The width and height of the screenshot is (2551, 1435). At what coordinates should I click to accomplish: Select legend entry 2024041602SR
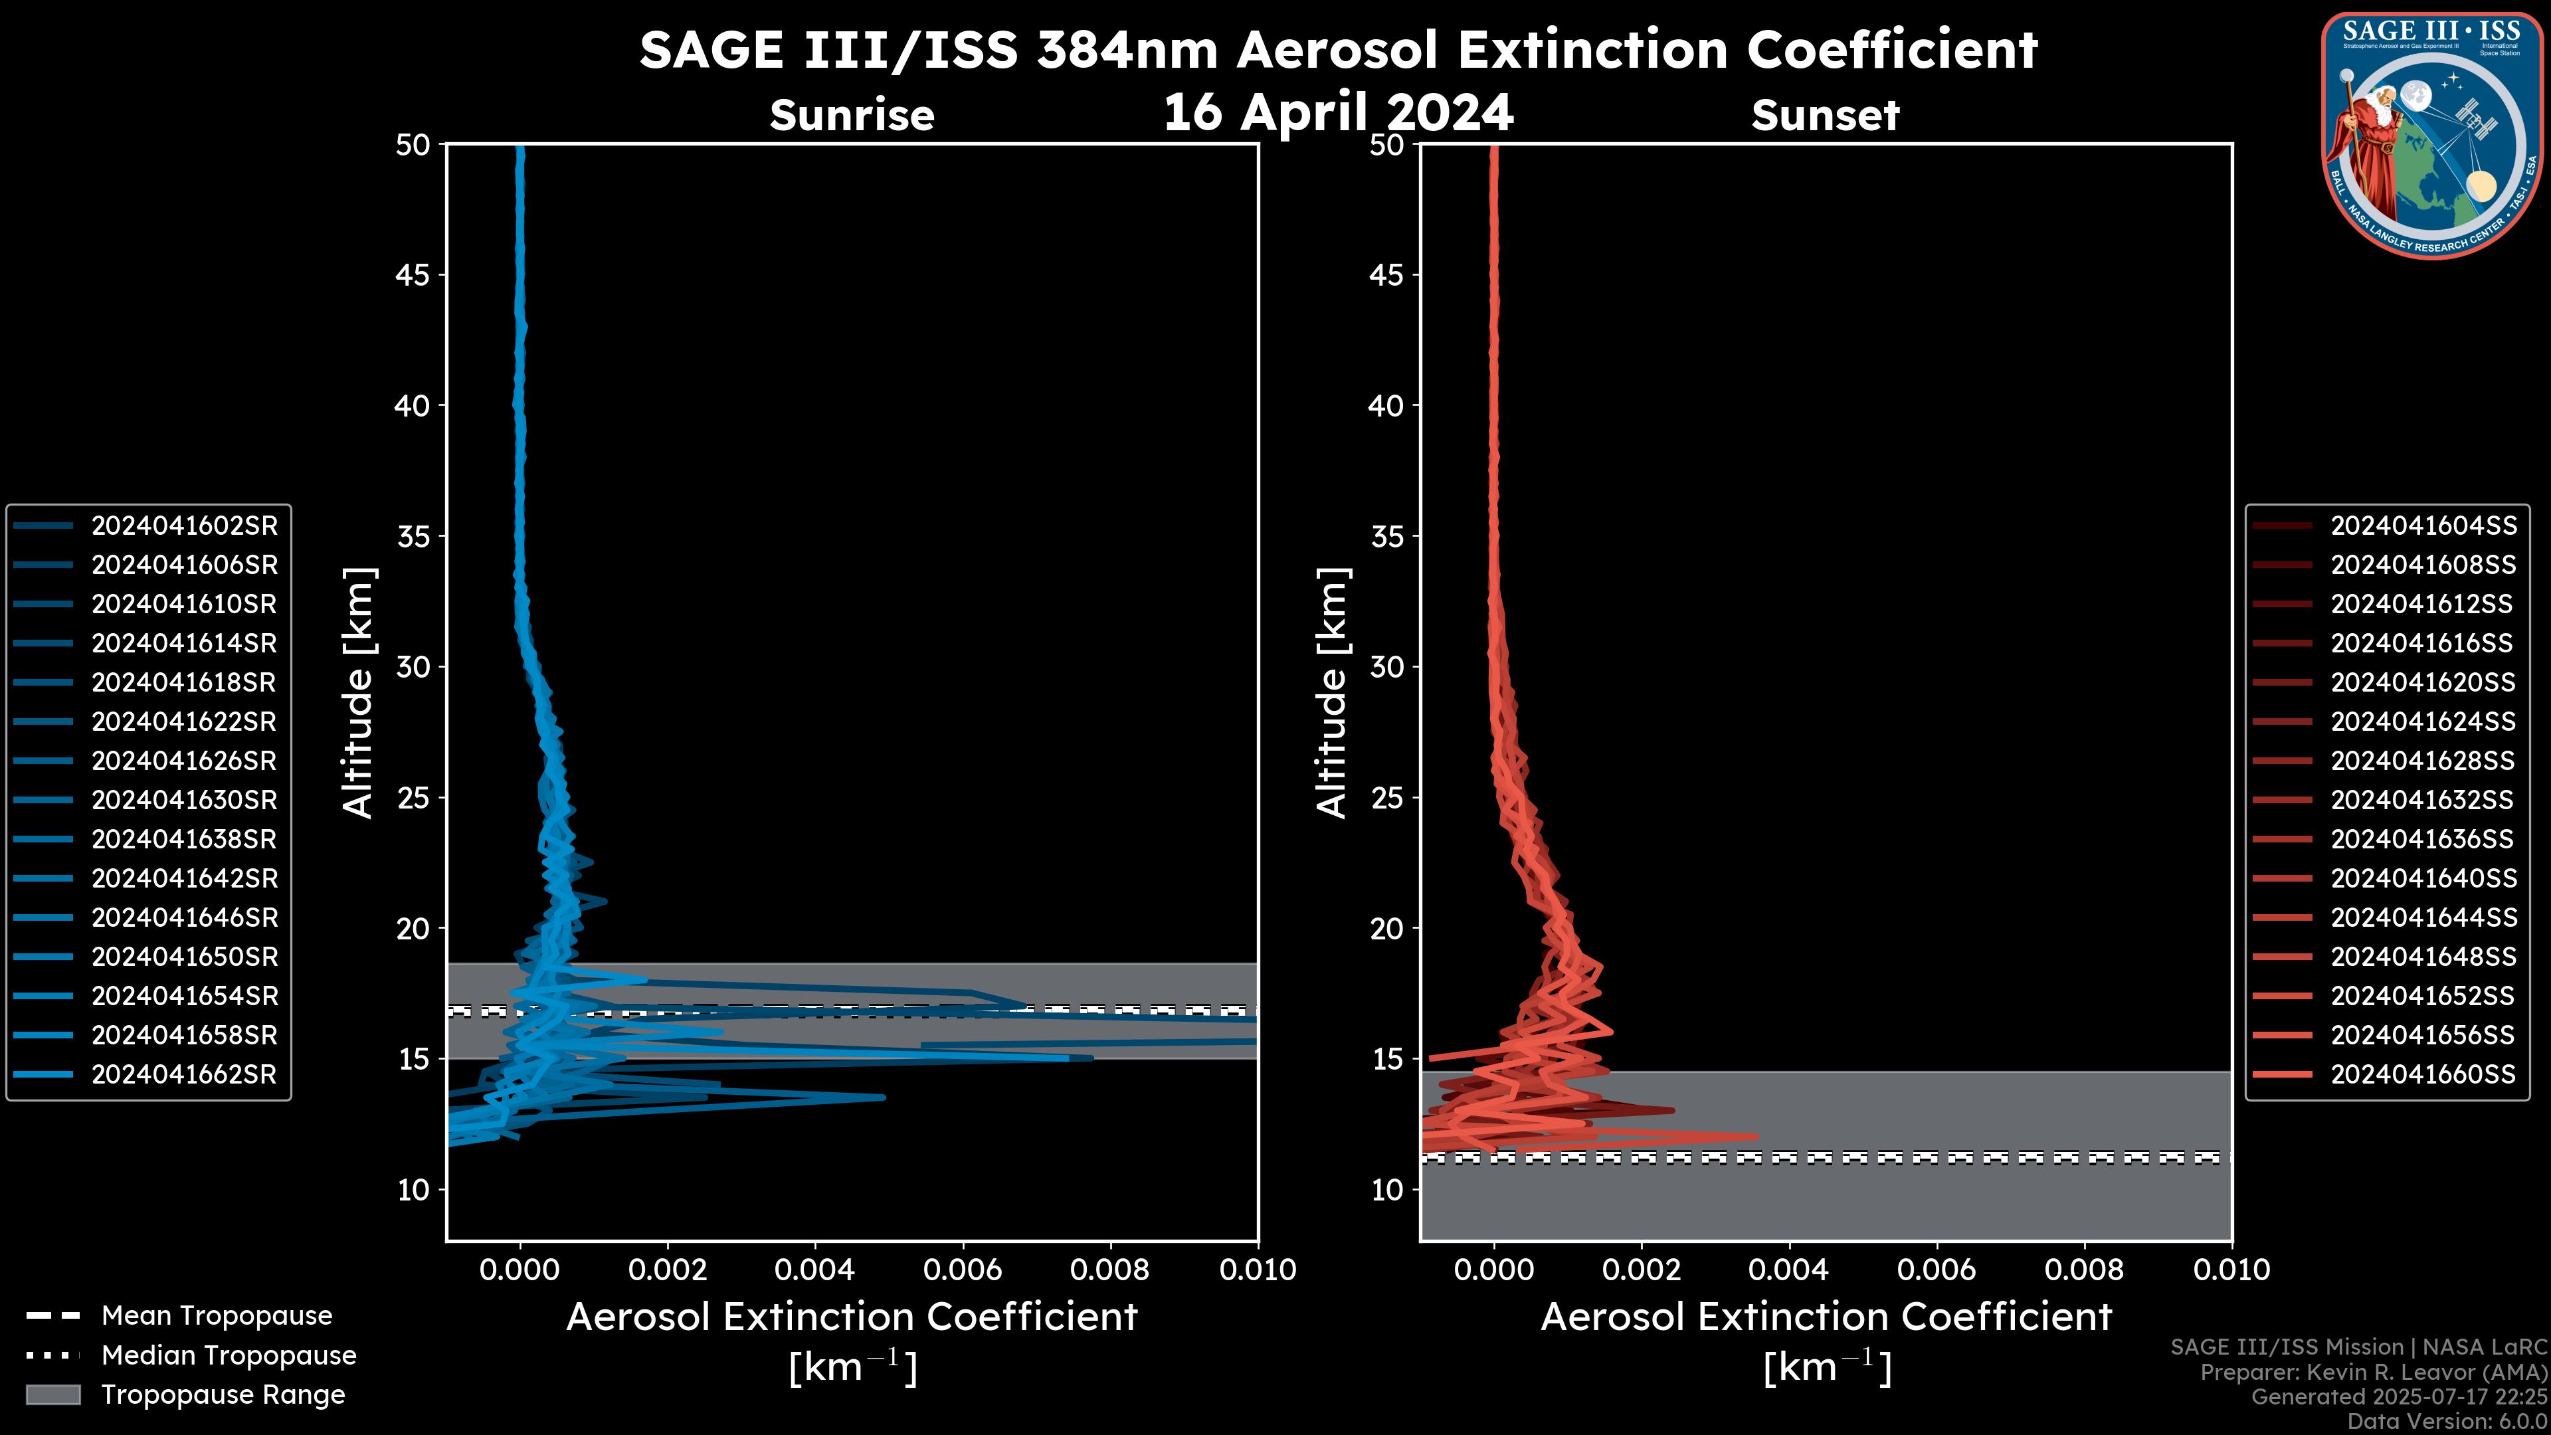(x=184, y=526)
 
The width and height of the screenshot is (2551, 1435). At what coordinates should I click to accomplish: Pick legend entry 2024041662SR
(x=184, y=1074)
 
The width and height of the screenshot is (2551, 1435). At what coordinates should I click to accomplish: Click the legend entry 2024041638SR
(x=184, y=840)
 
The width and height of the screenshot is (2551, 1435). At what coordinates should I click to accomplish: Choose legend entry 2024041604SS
(x=2422, y=526)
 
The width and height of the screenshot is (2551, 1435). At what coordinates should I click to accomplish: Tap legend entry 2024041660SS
(x=2422, y=1074)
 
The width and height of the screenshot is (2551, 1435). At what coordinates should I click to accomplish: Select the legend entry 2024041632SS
(x=2422, y=800)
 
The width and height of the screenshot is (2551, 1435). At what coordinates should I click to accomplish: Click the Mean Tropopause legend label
(x=217, y=1316)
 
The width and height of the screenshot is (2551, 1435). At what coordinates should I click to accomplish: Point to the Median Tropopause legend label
(x=229, y=1356)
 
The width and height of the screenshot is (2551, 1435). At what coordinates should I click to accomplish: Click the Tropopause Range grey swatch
(x=52, y=1395)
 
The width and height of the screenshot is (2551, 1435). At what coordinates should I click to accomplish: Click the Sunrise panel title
(x=852, y=116)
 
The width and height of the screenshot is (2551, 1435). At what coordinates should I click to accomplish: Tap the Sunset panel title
(x=1825, y=116)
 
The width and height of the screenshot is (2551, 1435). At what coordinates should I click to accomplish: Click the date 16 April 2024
(x=1338, y=112)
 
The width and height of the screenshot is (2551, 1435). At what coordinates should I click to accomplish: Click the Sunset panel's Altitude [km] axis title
(x=1332, y=692)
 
